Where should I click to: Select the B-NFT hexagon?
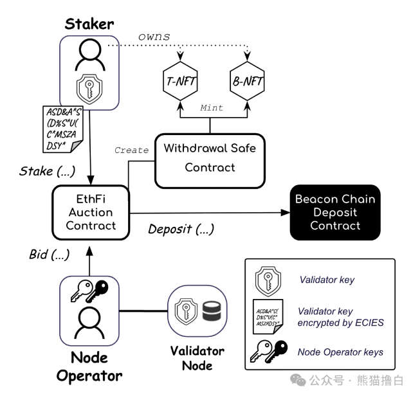tap(247, 82)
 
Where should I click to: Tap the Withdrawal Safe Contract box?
tap(210, 158)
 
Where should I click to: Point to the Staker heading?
tap(89, 25)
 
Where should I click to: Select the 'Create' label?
tap(131, 150)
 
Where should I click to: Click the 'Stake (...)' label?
tap(46, 171)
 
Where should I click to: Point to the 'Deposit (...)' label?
tap(181, 229)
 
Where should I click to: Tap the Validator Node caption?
tap(197, 358)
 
